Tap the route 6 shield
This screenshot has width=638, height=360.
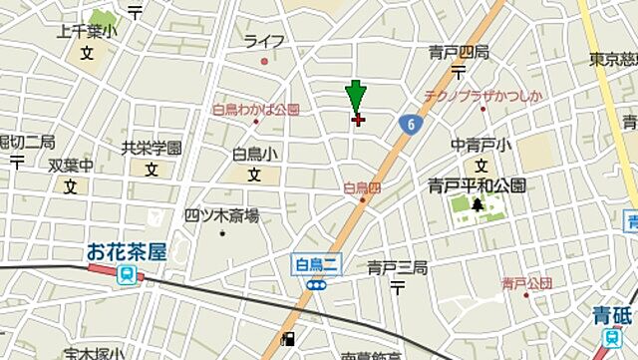point(411,123)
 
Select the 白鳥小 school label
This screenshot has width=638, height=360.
point(254,154)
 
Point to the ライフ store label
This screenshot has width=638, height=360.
point(264,41)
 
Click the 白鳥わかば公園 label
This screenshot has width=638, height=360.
point(255,110)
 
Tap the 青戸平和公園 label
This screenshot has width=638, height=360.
point(477,184)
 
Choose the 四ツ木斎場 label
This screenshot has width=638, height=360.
point(221,214)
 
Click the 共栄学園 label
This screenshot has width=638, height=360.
point(152,148)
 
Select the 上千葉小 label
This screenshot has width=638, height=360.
point(87,32)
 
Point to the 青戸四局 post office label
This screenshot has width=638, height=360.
point(459,52)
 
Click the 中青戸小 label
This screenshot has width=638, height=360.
point(481,146)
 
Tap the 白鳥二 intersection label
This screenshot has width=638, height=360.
point(317,264)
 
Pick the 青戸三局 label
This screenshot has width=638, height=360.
point(397,267)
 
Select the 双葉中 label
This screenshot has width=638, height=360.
point(71,166)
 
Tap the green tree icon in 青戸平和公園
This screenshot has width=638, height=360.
point(478,205)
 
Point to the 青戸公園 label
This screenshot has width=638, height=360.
point(526,284)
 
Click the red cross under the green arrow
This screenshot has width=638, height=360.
point(358,120)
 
